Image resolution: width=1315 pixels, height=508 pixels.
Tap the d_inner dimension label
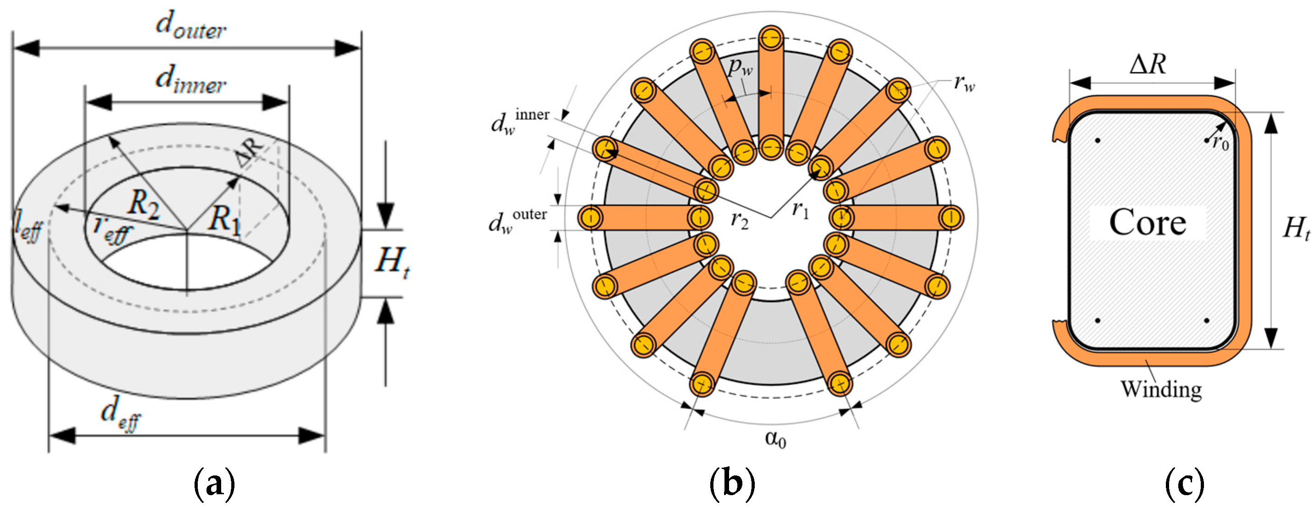pos(190,81)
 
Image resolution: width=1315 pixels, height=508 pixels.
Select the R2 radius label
pos(144,204)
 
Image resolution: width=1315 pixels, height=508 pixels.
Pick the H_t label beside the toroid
pos(391,262)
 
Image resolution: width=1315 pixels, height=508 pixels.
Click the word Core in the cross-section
pos(1148,223)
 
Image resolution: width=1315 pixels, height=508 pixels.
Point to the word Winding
pos(1161,390)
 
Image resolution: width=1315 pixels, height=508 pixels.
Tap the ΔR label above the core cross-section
pos(1148,65)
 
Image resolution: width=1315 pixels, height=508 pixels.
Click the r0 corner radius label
pos(1220,142)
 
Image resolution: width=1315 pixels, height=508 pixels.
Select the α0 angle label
pos(775,439)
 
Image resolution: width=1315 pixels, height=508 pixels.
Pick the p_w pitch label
pos(740,67)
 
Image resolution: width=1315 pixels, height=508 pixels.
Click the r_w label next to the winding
pos(964,83)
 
